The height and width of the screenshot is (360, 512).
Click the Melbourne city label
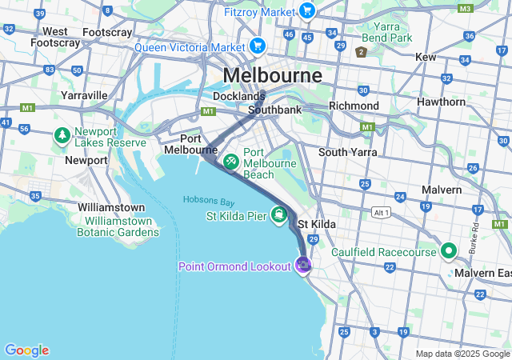[273, 75]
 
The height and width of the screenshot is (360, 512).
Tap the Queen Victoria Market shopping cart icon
[257, 46]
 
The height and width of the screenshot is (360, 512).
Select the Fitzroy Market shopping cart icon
[307, 10]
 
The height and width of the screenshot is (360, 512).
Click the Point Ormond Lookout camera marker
[303, 265]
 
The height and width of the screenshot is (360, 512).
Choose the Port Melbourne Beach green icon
[230, 162]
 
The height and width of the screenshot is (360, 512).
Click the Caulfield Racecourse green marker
[449, 251]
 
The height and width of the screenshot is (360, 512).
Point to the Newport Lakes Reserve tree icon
[62, 136]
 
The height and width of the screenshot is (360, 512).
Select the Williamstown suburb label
[111, 206]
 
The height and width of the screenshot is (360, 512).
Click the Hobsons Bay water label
[208, 199]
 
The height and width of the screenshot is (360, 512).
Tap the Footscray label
[107, 32]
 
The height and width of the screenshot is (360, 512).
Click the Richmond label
[354, 106]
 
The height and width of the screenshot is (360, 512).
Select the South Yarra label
[347, 152]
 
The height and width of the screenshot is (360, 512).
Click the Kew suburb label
[425, 58]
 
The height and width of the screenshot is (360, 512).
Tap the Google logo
[26, 350]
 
